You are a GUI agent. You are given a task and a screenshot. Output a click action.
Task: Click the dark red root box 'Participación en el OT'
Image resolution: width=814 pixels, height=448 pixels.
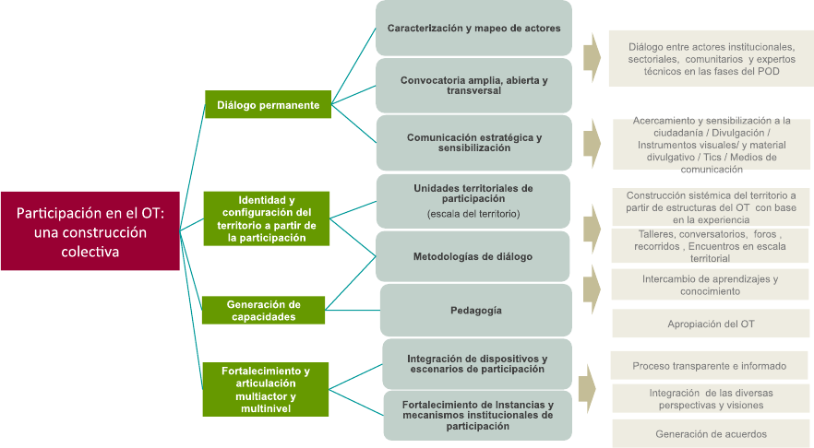pyautogui.click(x=90, y=230)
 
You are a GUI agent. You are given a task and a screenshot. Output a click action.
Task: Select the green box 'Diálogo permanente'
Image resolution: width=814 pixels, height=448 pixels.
pyautogui.click(x=268, y=105)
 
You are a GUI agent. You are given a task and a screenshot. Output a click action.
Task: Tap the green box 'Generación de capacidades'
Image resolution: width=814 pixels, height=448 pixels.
pyautogui.click(x=263, y=310)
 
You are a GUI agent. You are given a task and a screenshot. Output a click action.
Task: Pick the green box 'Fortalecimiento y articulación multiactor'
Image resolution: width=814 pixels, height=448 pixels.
pyautogui.click(x=265, y=389)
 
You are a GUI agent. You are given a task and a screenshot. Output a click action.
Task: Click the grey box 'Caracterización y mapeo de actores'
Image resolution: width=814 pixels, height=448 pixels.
pyautogui.click(x=473, y=29)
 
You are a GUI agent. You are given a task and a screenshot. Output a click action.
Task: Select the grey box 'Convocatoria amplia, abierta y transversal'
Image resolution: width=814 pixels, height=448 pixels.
pyautogui.click(x=473, y=86)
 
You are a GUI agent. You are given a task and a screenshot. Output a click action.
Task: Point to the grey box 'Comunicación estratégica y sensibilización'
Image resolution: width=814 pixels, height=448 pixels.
pyautogui.click(x=473, y=142)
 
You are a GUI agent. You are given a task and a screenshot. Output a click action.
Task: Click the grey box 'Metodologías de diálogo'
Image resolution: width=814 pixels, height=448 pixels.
pyautogui.click(x=473, y=256)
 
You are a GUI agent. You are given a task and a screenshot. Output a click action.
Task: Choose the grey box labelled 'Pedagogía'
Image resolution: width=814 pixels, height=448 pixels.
pyautogui.click(x=476, y=310)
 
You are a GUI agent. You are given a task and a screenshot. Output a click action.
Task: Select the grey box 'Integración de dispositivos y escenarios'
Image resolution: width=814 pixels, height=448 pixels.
pyautogui.click(x=476, y=363)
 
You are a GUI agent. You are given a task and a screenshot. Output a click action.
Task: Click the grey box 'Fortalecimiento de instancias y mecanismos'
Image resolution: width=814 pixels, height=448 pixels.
pyautogui.click(x=477, y=415)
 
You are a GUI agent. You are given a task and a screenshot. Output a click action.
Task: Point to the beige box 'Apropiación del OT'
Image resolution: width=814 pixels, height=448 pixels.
pyautogui.click(x=711, y=324)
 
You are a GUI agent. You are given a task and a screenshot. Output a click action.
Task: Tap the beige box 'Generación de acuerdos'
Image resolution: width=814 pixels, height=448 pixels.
pyautogui.click(x=711, y=433)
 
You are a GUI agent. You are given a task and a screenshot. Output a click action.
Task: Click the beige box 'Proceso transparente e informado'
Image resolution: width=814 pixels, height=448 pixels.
pyautogui.click(x=710, y=366)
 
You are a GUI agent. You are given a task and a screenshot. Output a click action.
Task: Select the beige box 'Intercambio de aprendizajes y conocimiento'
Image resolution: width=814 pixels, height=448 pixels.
pyautogui.click(x=710, y=285)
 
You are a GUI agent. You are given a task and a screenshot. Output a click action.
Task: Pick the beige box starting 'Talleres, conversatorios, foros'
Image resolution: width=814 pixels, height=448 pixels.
pyautogui.click(x=710, y=246)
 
